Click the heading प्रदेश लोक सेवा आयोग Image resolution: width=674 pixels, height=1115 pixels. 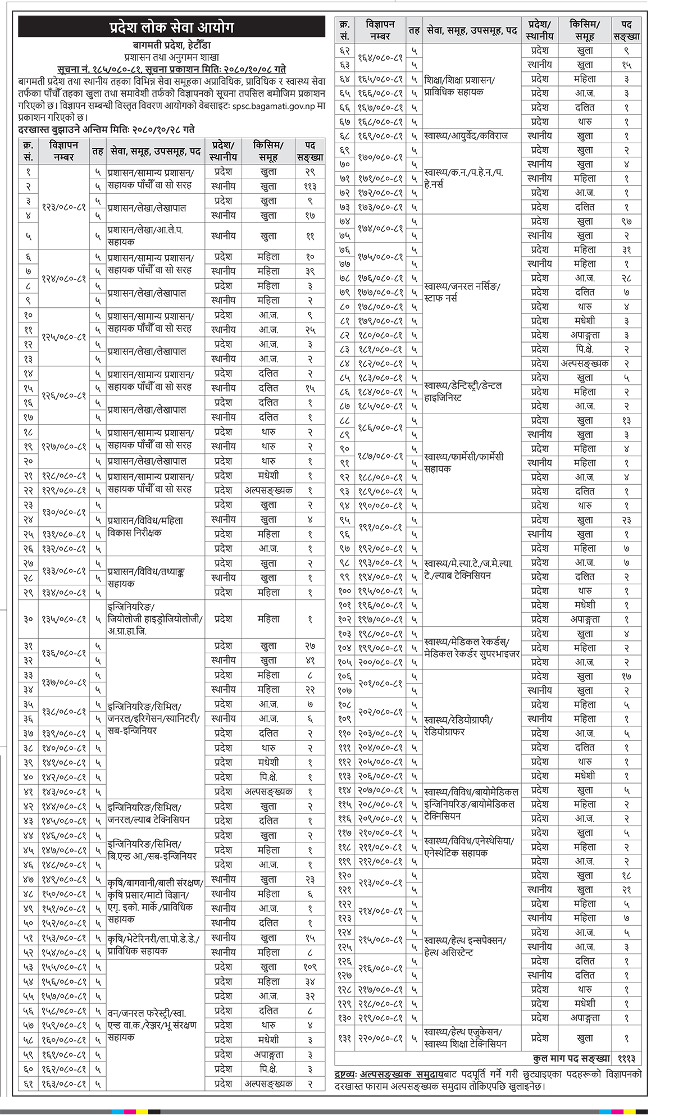171,26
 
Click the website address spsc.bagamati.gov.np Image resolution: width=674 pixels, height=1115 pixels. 271,106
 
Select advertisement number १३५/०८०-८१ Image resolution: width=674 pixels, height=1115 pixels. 63,619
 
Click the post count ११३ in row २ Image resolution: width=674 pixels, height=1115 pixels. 310,186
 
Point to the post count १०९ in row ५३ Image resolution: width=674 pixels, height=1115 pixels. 310,967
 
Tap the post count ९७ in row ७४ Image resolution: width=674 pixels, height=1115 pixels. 626,221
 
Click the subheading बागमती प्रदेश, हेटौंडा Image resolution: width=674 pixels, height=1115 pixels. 171,45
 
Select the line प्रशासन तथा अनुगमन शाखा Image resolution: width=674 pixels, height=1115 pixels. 171,57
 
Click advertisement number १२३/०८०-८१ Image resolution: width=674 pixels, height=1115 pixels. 63,207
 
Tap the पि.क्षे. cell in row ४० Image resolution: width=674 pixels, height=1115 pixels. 268,777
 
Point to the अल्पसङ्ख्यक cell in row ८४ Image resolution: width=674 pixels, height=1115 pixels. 585,363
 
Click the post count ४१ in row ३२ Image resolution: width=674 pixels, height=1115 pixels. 310,661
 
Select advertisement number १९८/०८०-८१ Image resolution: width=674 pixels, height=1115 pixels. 380,634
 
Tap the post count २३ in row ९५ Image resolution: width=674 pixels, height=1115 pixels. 626,520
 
